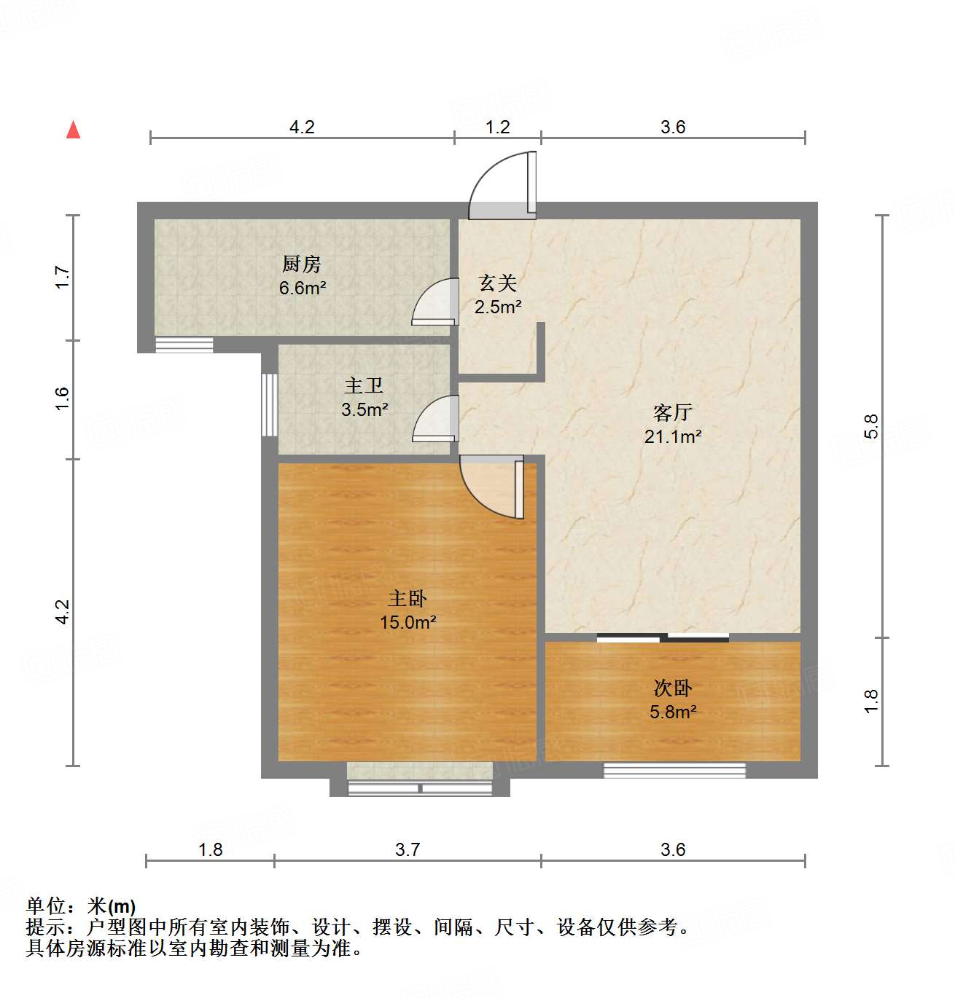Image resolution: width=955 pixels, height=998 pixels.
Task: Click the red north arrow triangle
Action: point(73,130)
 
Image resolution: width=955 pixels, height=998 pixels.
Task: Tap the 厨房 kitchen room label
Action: point(302,264)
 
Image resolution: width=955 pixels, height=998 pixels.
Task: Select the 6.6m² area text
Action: point(303,288)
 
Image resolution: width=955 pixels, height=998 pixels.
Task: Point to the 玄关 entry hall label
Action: point(498,283)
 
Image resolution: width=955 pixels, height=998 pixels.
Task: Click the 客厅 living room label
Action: point(672,412)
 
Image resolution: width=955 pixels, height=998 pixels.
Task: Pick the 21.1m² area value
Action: point(672,436)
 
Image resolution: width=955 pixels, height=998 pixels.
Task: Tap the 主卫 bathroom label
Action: point(364,385)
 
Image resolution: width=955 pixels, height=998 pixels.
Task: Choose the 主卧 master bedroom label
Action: point(408,598)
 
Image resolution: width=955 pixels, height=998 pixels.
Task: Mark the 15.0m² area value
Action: point(408,622)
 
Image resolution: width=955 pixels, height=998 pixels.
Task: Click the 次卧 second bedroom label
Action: point(672,688)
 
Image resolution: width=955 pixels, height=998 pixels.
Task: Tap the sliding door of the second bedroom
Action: point(663,639)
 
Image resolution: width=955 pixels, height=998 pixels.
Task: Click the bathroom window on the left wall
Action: point(270,405)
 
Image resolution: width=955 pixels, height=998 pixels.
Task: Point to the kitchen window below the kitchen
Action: point(184,345)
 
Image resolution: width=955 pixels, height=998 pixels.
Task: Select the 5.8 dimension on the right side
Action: point(871,426)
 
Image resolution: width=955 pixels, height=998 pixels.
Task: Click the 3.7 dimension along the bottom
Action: point(408,849)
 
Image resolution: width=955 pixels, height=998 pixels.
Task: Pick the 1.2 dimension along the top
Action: point(498,127)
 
